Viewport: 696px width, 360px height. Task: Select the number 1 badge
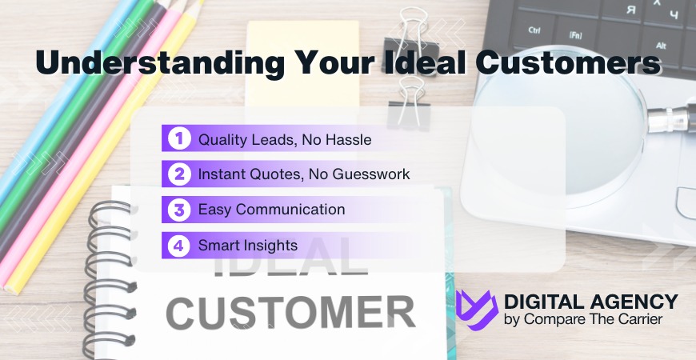coord(178,139)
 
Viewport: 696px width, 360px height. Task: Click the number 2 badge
coord(178,174)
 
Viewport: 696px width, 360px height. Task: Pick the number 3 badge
coord(178,210)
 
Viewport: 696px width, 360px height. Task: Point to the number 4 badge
coord(178,245)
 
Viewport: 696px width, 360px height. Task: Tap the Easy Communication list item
coord(272,210)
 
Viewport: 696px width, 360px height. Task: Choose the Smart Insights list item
coord(248,245)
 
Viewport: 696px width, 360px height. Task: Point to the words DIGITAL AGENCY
coord(590,302)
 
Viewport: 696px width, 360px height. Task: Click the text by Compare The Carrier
coord(581,320)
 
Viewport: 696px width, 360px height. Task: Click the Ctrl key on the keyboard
coord(535,30)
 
